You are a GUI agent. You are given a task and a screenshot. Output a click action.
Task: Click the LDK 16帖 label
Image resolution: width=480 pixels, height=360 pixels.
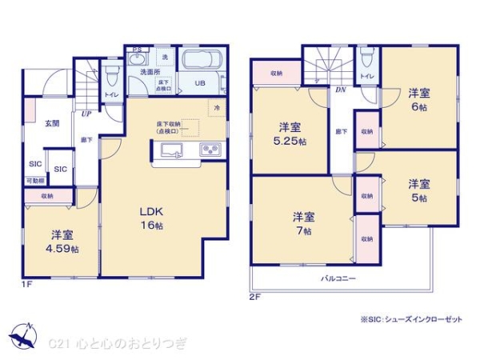coord(152,218)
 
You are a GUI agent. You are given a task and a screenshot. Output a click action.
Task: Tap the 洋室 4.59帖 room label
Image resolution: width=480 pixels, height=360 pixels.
coord(63,242)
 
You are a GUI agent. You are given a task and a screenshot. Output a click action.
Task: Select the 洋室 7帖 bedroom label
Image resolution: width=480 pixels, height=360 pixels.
coord(302,223)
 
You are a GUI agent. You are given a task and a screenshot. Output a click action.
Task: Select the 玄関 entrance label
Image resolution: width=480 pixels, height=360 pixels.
coord(52,122)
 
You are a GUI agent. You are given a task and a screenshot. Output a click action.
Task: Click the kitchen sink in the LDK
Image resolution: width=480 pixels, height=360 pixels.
coord(173,150)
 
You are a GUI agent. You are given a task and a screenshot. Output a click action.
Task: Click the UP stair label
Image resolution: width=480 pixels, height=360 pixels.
coord(85,114)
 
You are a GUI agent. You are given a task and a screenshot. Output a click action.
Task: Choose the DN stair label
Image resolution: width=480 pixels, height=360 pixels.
coord(340,90)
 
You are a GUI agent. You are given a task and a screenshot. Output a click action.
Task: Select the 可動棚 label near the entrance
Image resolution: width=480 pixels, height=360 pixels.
coord(35,181)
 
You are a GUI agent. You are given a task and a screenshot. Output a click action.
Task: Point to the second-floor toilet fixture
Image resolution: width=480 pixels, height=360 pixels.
coord(367,58)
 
